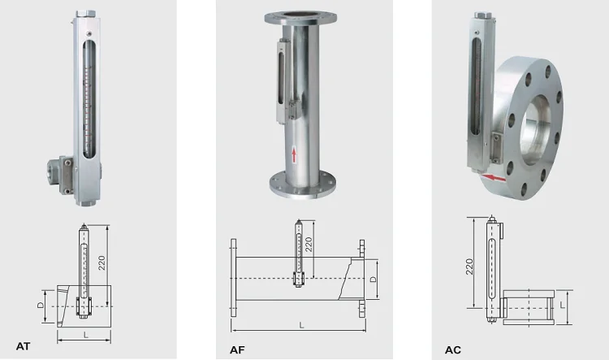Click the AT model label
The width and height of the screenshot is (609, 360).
23,346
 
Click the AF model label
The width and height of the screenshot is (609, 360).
237,350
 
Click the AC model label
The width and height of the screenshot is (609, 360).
453,350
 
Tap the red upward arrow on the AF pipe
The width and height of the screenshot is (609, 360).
294,154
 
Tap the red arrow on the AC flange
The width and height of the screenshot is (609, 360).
494,178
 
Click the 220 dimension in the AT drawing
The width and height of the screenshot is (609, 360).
101,262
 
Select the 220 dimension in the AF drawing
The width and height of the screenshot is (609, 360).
309,245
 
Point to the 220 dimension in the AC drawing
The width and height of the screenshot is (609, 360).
469,267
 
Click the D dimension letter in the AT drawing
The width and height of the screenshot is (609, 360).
41,306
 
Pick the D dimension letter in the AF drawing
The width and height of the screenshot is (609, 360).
373,279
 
